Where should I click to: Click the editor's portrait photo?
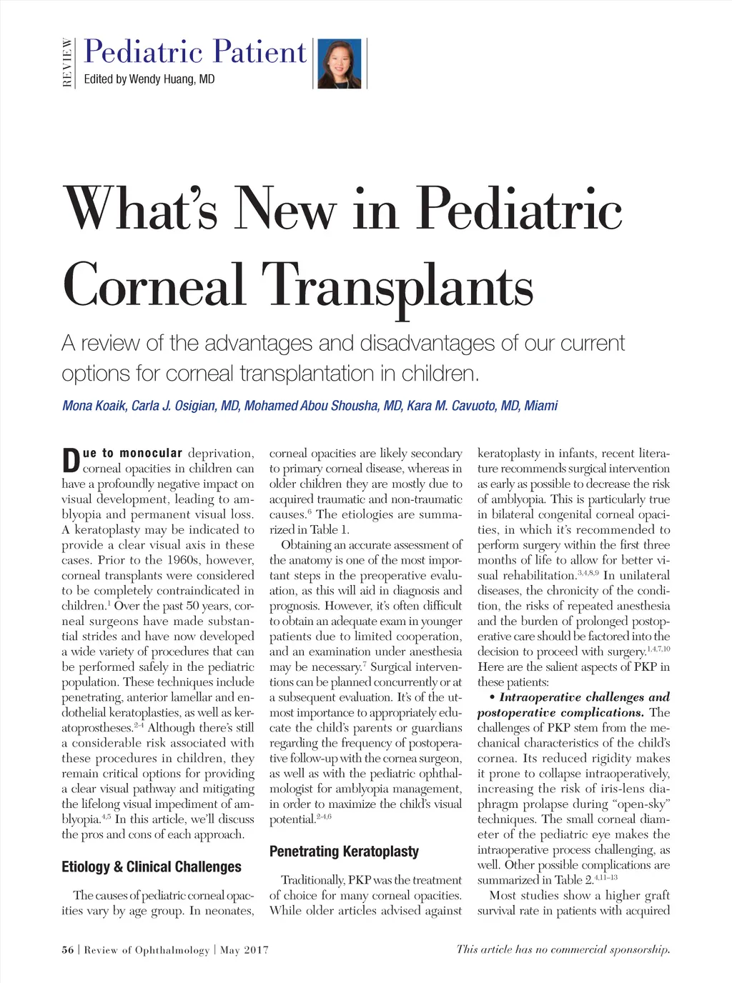click(340, 64)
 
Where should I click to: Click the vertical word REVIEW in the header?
click(67, 64)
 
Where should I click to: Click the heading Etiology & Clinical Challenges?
click(152, 867)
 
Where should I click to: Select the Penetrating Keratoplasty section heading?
click(344, 851)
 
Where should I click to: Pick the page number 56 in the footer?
click(68, 949)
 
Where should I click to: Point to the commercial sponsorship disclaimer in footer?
click(563, 949)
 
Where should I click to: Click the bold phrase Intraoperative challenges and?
click(584, 697)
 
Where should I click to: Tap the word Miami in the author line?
click(540, 406)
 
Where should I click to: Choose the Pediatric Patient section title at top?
click(195, 52)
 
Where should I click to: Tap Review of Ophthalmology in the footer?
click(147, 949)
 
